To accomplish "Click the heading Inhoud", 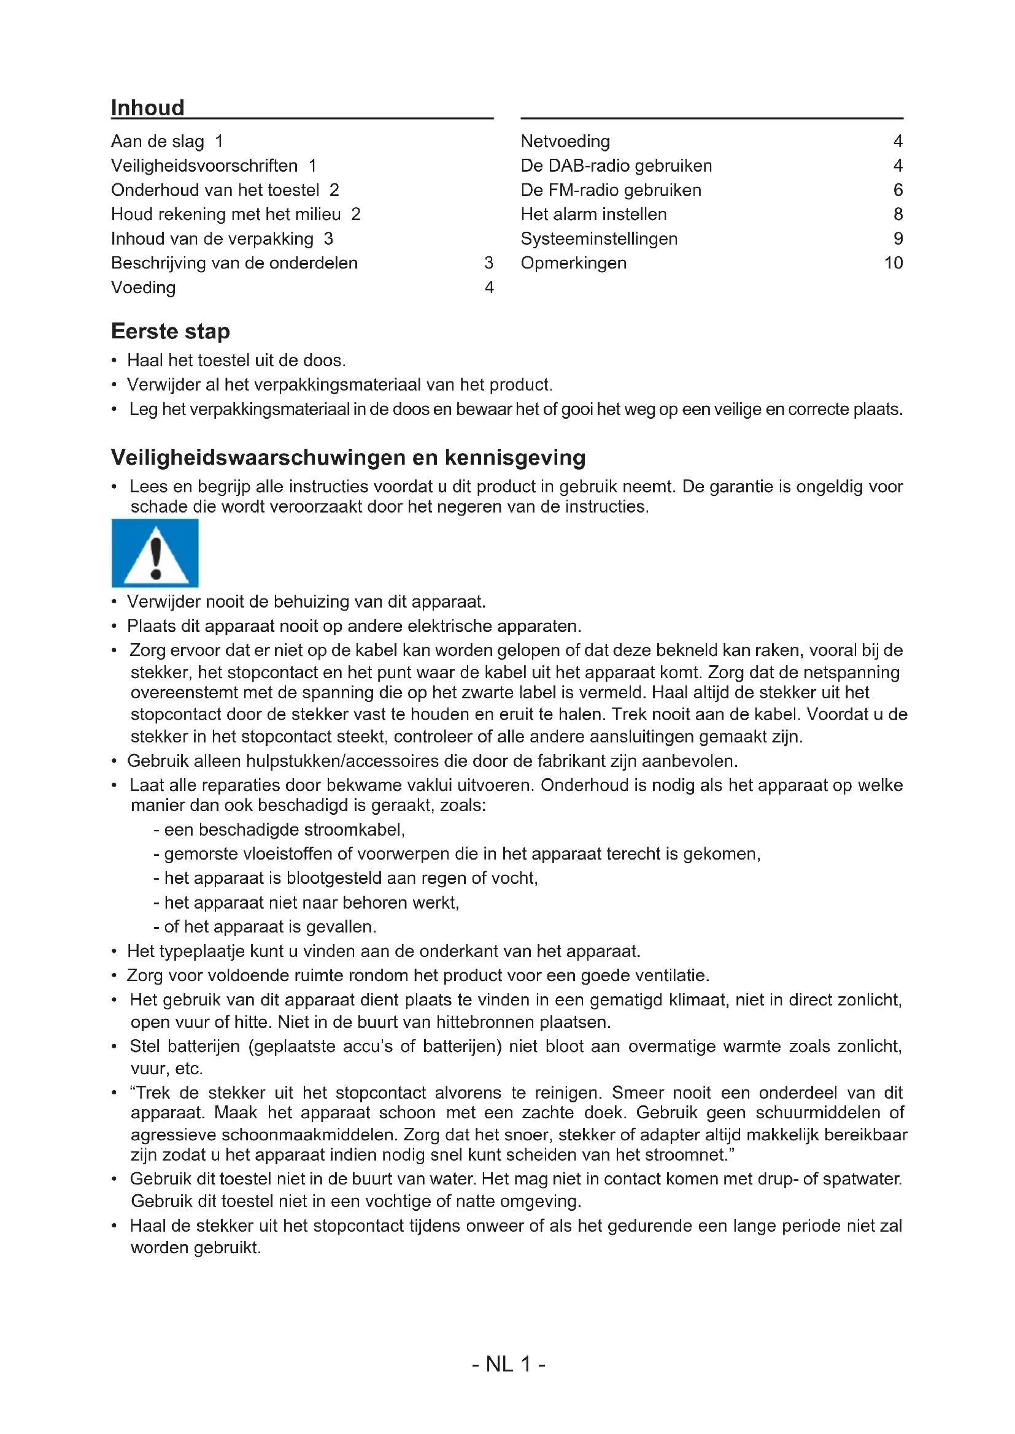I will tap(147, 107).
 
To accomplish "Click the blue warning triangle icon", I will tap(155, 554).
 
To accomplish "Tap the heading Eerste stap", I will tap(170, 331).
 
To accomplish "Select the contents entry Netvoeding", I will tap(565, 141).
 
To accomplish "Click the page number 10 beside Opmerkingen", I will tap(893, 263).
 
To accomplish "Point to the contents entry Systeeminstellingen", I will tap(599, 238).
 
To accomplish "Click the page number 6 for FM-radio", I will tap(898, 190).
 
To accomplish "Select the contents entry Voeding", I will tap(143, 288).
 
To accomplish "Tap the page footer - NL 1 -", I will tap(508, 1364).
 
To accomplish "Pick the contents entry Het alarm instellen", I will tap(593, 214).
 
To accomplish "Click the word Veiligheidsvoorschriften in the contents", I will tap(204, 166).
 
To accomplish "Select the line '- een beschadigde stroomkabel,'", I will tap(279, 830).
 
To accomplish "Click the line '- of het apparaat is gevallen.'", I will tap(264, 927).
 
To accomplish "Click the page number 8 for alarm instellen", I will tap(898, 214).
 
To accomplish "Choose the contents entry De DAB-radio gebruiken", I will tap(616, 166).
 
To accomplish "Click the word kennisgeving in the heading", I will tap(515, 458).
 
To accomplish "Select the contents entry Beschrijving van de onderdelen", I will tap(234, 263).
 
